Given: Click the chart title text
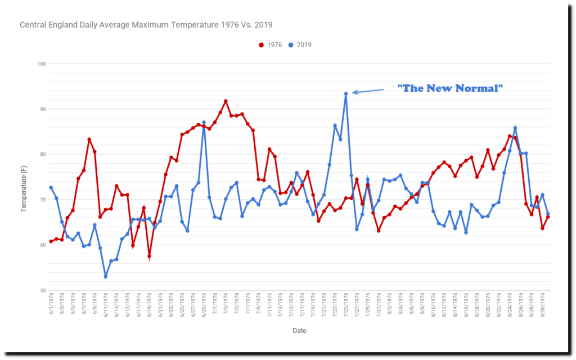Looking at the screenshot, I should point(146,25).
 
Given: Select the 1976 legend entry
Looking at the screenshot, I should point(273,45).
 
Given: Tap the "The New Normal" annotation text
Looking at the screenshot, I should point(450,88).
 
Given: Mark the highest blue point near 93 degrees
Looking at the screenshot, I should point(346,94).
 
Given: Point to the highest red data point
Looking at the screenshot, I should point(226,101).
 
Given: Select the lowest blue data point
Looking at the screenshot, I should point(106,277).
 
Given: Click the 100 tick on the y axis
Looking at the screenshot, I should point(41,64).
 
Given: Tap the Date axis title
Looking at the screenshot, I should point(299,331).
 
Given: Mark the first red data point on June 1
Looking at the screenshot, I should point(51,241).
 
